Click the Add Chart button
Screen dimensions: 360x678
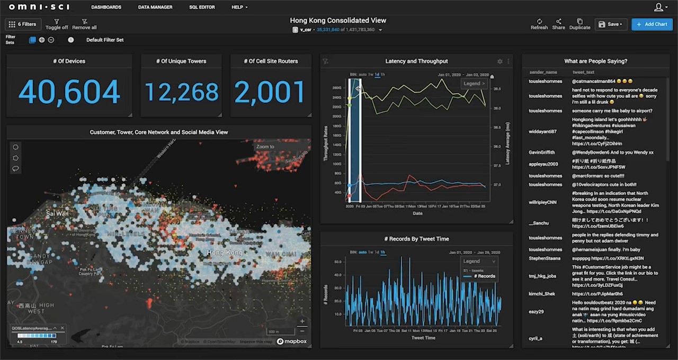[652, 24]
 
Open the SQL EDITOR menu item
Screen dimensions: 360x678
[202, 7]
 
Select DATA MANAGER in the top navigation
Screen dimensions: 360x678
[155, 7]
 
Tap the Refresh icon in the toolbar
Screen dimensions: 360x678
[539, 24]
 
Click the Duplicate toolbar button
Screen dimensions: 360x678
[579, 24]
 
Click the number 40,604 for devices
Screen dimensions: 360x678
[69, 92]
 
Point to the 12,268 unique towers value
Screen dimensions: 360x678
[181, 93]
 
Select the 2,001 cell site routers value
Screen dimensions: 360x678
[270, 93]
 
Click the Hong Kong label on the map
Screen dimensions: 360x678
[225, 253]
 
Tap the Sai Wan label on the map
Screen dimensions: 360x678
[57, 214]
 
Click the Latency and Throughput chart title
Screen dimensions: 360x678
[416, 61]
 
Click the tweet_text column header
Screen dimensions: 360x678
[583, 72]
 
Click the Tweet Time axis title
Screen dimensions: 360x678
[423, 338]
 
